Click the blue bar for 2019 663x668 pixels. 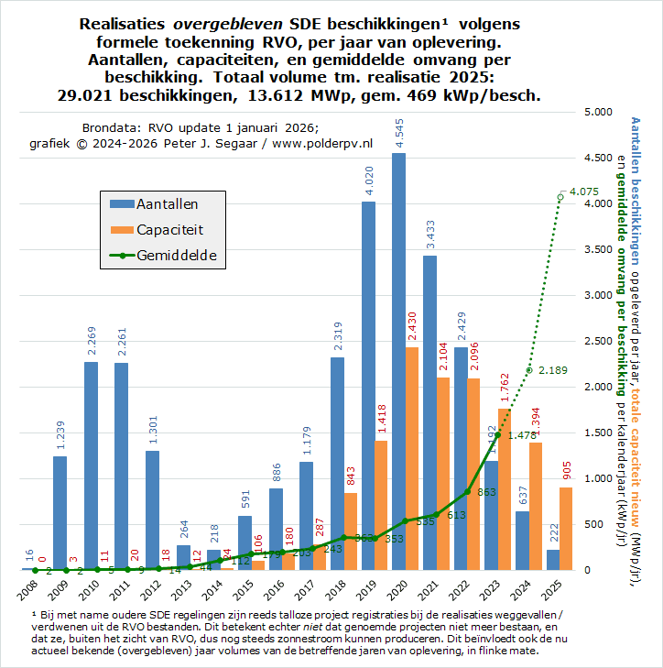coord(368,385)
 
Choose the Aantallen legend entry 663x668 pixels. coord(166,204)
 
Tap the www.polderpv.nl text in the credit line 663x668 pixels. coord(322,143)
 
